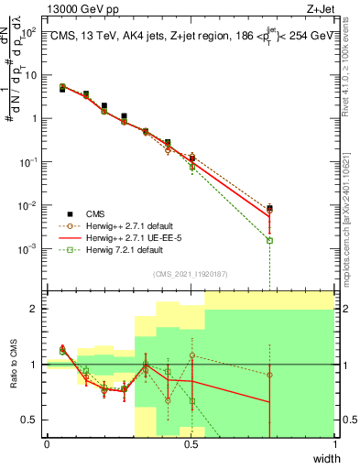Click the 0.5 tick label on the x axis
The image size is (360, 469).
(x=191, y=444)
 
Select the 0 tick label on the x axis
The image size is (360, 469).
(x=47, y=444)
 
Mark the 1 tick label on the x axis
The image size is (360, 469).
(x=334, y=444)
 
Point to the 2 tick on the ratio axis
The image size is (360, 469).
(x=34, y=309)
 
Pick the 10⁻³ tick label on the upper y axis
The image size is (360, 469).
(x=29, y=248)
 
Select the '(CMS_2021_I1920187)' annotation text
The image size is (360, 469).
(x=190, y=274)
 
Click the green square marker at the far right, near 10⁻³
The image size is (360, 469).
(x=269, y=240)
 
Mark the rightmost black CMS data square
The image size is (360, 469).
(x=269, y=208)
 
